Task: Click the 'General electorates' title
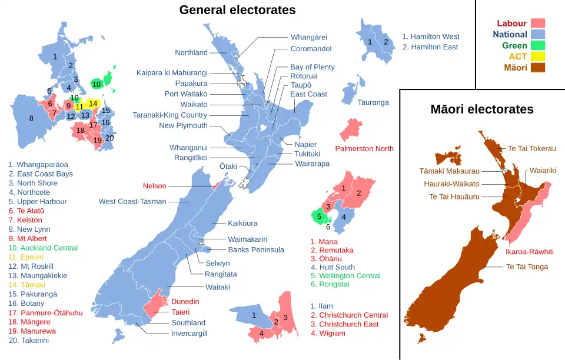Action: point(237,10)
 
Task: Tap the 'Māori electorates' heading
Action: point(481,109)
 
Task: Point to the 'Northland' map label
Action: point(191,52)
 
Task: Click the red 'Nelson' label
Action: point(154,186)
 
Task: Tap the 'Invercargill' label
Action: point(189,334)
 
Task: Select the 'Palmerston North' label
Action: point(364,149)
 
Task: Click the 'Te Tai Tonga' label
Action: point(527,266)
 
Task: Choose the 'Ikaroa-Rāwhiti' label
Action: point(529,251)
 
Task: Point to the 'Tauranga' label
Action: point(373,102)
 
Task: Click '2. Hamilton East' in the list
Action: point(430,47)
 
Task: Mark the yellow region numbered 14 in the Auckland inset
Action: point(92,104)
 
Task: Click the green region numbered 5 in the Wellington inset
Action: point(319,217)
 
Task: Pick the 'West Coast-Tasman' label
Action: point(132,202)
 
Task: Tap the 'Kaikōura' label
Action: point(242,224)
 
